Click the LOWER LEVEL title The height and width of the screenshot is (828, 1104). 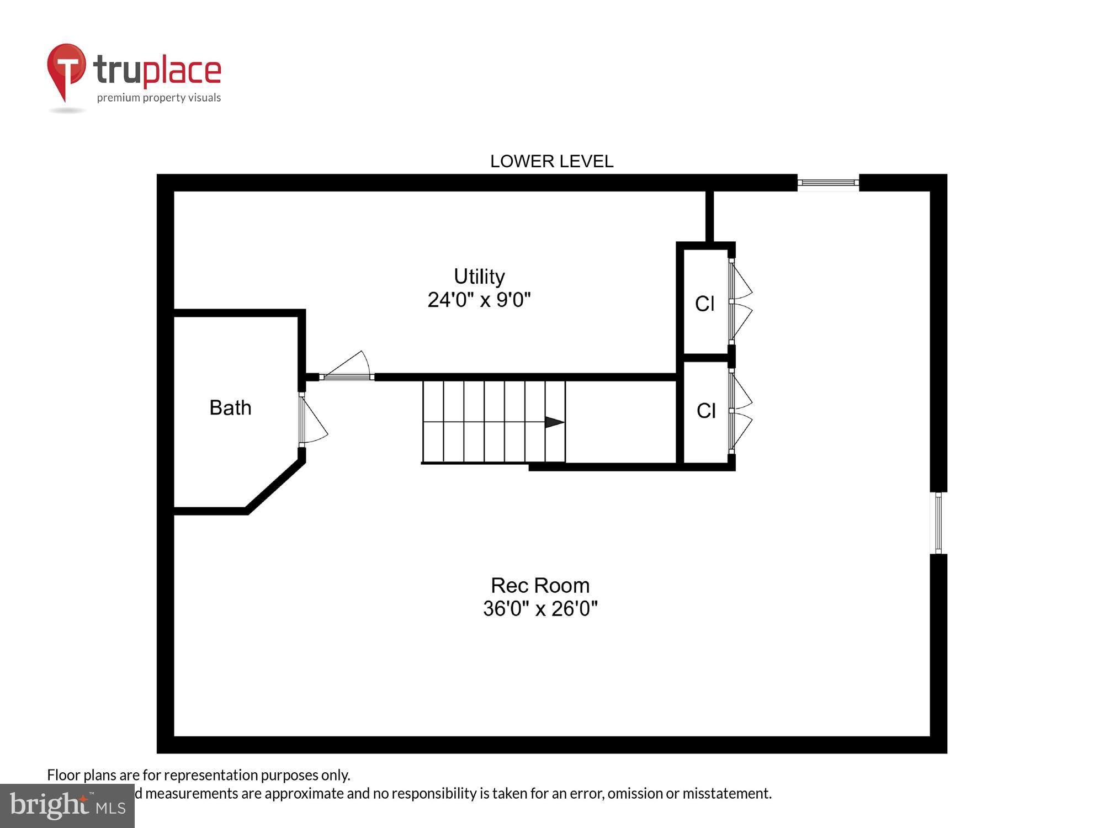551,161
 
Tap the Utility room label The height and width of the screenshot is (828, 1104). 479,276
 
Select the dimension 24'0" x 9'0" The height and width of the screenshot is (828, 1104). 479,300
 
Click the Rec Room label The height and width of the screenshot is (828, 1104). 540,585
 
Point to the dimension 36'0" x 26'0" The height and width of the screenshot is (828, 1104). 540,608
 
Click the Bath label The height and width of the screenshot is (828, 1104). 230,408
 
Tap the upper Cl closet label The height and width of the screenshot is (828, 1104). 704,304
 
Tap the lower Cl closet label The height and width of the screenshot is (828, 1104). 706,411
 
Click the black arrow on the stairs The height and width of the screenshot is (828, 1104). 554,422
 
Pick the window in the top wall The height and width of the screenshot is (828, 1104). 828,182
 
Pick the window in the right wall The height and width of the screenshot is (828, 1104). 938,523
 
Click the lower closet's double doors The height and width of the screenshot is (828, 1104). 740,411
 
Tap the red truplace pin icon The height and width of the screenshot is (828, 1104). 66,69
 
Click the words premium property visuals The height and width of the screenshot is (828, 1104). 159,98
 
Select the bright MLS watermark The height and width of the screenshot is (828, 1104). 67,806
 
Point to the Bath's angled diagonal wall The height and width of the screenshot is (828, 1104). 275,486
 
